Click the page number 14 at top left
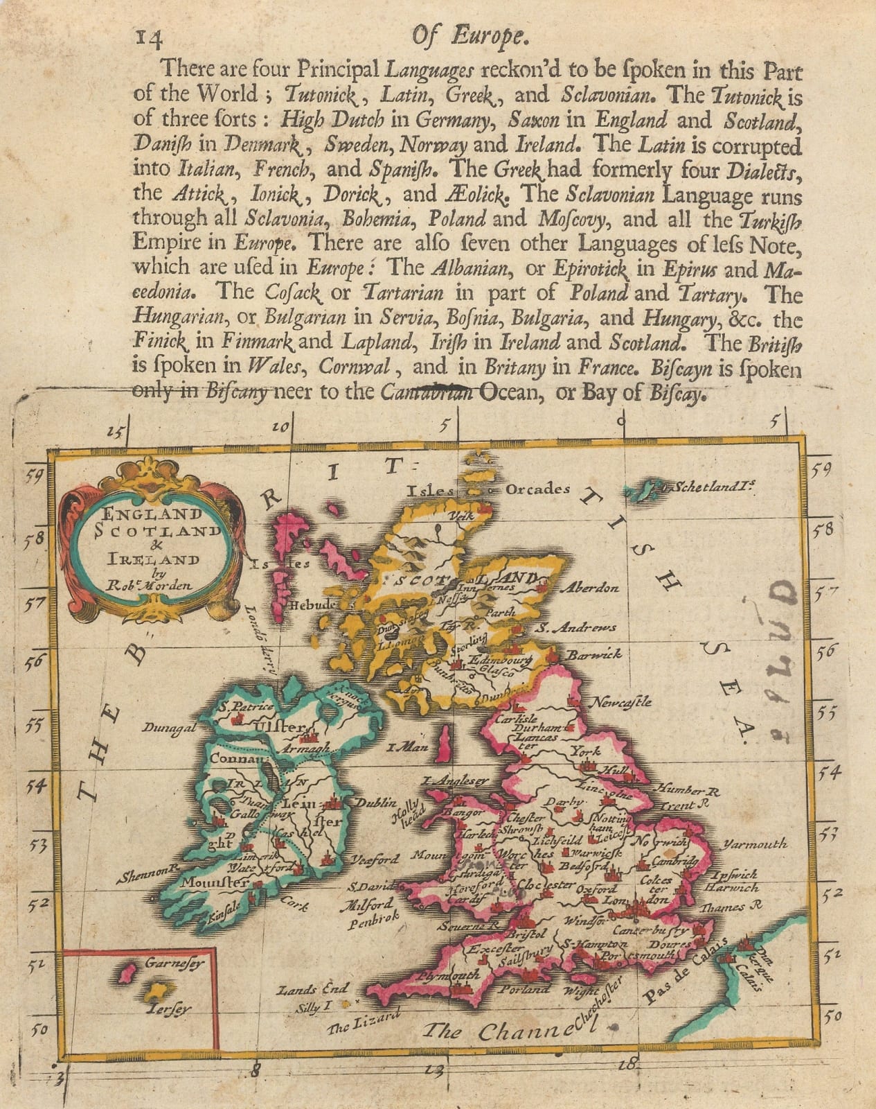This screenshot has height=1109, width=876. [149, 40]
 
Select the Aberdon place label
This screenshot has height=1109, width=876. [589, 588]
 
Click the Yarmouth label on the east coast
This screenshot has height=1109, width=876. [756, 844]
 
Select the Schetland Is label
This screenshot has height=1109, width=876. [714, 487]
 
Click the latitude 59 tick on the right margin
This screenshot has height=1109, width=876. [822, 471]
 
